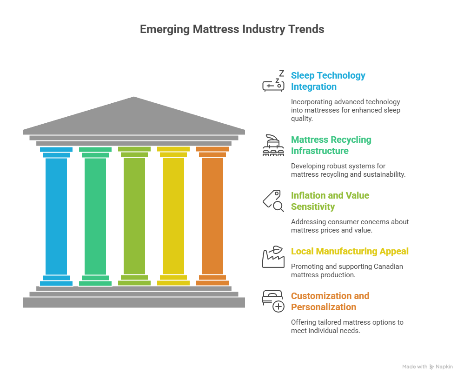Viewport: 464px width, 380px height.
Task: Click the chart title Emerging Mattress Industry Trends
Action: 232,29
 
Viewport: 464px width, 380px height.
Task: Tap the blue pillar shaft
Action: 56,216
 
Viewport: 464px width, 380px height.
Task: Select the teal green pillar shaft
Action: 95,216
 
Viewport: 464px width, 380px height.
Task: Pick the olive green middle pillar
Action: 134,216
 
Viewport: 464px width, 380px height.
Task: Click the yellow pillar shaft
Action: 173,216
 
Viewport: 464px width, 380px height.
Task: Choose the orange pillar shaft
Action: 212,216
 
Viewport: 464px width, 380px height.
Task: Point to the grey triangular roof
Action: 134,116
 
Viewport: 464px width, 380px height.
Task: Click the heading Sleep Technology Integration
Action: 328,81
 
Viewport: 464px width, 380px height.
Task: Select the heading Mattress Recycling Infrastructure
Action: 331,145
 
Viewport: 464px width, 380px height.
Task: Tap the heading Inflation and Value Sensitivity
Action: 330,201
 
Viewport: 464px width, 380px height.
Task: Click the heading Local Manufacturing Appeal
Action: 350,251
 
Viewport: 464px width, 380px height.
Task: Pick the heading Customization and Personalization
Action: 330,301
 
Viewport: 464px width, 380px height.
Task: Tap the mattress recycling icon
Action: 273,145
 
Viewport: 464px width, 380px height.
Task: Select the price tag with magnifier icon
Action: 273,201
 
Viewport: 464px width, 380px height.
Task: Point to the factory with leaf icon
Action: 273,256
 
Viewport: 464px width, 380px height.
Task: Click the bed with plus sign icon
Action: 273,301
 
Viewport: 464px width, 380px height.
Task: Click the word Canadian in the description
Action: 389,267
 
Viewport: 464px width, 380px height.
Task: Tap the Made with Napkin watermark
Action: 427,367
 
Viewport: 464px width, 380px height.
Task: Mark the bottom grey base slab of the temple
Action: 134,302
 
